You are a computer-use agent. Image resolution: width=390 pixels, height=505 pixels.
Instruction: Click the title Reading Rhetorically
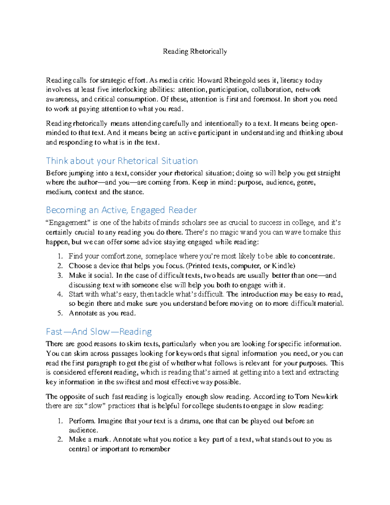pos(195,51)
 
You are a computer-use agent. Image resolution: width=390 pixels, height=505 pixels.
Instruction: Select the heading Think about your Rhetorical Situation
pos(122,161)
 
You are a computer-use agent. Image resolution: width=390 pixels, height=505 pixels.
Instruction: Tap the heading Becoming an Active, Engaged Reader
pos(121,210)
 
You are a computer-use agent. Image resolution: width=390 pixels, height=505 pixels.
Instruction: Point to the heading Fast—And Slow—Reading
pos(99,331)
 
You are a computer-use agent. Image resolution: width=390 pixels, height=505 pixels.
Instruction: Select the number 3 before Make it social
pos(60,275)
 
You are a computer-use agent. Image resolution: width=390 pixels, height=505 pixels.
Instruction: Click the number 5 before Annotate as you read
pos(60,313)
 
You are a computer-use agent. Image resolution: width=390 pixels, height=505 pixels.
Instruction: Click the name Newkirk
pos(325,396)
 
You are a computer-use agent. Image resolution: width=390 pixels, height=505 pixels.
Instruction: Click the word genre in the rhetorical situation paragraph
pos(306,182)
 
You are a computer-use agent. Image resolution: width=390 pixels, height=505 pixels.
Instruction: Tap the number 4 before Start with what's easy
pos(60,294)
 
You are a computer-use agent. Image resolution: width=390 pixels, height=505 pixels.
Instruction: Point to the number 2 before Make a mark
pos(60,439)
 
